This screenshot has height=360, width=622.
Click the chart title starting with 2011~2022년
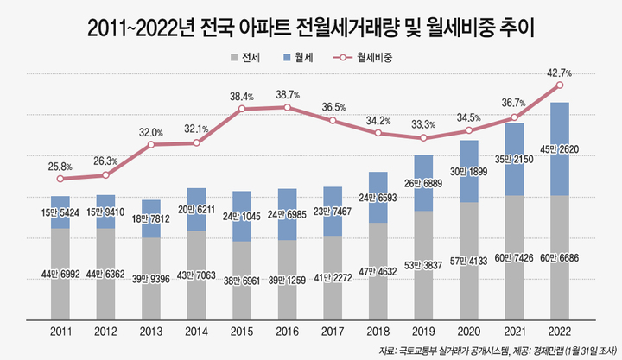tap(311, 28)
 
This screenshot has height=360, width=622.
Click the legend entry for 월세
tap(298, 59)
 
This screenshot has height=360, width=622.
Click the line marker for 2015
tap(241, 109)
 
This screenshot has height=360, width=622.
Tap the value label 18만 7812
tap(151, 220)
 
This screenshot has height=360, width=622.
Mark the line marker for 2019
tap(423, 138)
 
